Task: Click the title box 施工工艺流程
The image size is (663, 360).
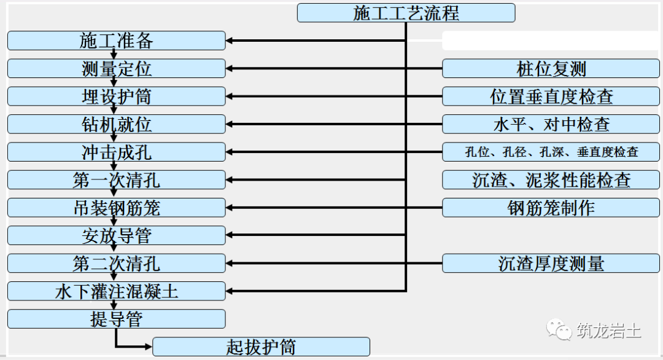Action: coord(406,13)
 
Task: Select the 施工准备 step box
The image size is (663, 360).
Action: coord(117,41)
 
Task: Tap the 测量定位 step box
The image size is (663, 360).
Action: coord(117,68)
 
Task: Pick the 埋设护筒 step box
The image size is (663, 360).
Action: coord(117,96)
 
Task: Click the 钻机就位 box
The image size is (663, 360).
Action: coord(117,124)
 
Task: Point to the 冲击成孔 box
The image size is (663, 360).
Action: coord(117,152)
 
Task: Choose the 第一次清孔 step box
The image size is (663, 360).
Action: coord(117,180)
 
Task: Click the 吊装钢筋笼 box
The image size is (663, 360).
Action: coord(117,208)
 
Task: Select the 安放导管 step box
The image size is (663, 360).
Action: coord(117,235)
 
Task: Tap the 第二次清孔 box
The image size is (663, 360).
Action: coord(117,264)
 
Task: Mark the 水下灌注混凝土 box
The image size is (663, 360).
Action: coord(117,291)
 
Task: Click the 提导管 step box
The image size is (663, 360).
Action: coord(117,319)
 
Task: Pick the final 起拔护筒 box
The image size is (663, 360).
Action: coord(261,346)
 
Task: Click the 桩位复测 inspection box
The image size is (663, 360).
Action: coord(551,68)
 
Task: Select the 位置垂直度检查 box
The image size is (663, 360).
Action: coord(551,96)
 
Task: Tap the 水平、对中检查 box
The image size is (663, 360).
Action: coord(551,124)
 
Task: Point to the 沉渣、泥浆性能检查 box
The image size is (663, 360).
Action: coord(551,180)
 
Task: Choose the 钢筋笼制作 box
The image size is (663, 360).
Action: coord(551,208)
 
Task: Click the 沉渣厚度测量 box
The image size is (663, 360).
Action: coord(551,264)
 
